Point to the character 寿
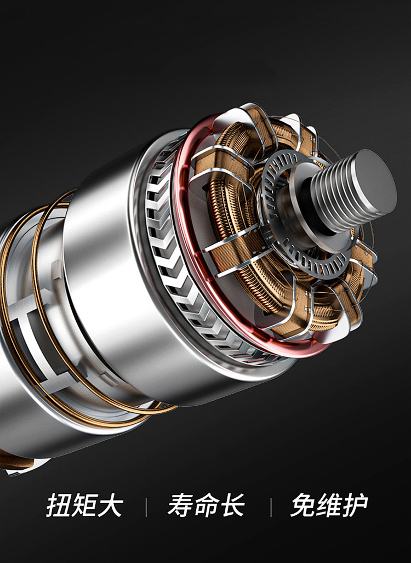[180, 505]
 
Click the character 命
[206, 505]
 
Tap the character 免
[303, 505]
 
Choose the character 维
[329, 505]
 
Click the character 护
[355, 505]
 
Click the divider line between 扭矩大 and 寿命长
[146, 507]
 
